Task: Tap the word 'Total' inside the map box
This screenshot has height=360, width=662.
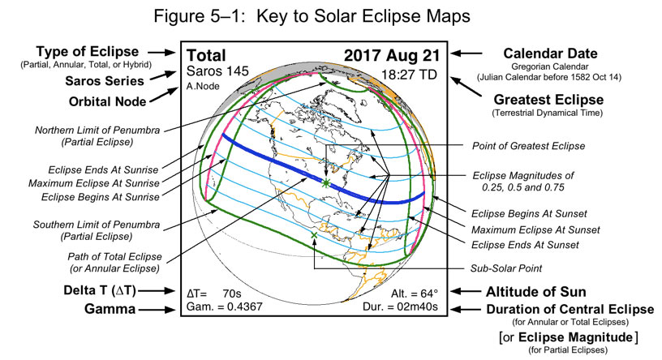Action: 207,56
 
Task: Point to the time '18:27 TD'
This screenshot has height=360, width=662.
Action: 412,75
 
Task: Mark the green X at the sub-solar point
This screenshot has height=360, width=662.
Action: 314,235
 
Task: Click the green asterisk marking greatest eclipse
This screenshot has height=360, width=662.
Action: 325,184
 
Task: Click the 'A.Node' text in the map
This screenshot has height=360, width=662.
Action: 201,87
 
